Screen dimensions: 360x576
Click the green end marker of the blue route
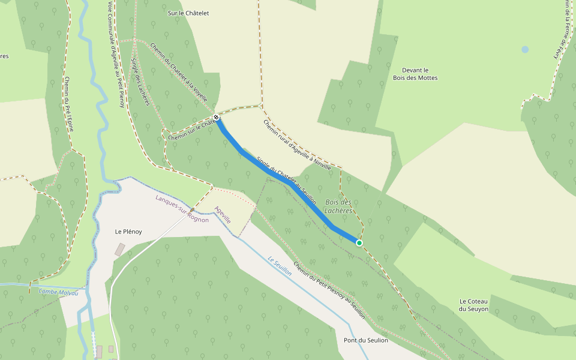(359, 243)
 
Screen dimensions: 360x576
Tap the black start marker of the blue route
(216, 117)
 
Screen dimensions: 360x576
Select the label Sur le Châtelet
(188, 13)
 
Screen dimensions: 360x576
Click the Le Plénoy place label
(128, 231)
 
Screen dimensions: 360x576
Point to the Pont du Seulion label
(365, 340)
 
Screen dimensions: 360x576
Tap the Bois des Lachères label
(338, 206)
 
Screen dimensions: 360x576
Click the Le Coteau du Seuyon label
(474, 305)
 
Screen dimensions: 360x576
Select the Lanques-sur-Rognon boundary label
(182, 209)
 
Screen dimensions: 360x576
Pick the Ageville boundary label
(223, 214)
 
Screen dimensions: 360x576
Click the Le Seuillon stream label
(280, 266)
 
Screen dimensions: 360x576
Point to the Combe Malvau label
(58, 292)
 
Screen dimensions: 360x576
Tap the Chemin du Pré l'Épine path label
(69, 104)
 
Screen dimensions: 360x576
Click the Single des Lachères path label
(140, 82)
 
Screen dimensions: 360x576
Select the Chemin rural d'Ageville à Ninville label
(297, 145)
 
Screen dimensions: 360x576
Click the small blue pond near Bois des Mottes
(525, 49)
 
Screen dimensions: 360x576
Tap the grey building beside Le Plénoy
(120, 249)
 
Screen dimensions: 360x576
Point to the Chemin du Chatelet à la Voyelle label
(179, 72)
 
